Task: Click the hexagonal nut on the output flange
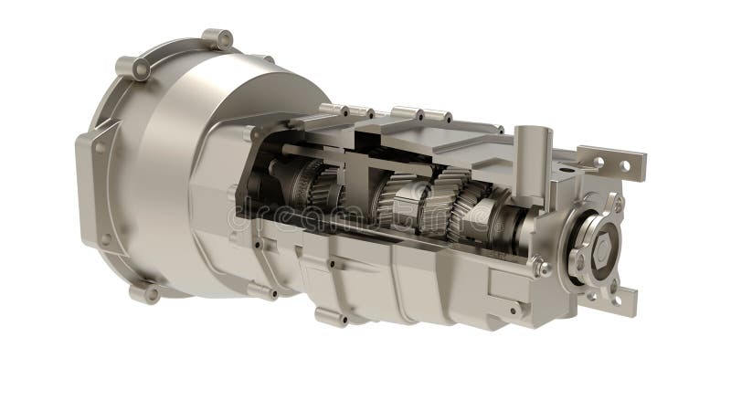click(x=600, y=248)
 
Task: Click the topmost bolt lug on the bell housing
click(x=217, y=39)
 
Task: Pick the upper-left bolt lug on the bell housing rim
click(x=132, y=68)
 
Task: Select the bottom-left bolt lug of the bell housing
click(x=144, y=293)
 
